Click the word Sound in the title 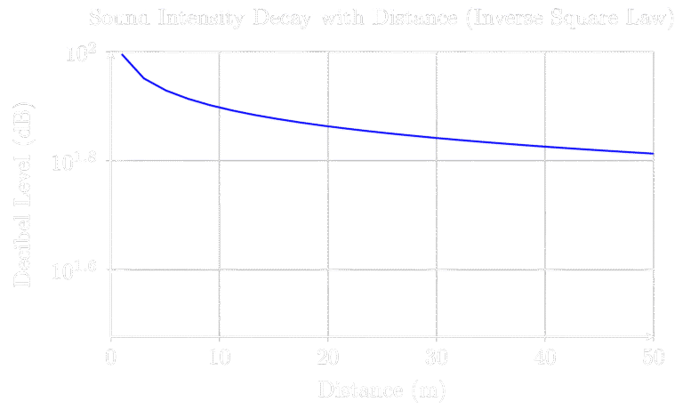pyautogui.click(x=118, y=17)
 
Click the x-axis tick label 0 pyautogui.click(x=110, y=358)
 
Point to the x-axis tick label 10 pyautogui.click(x=219, y=358)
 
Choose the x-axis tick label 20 pyautogui.click(x=328, y=358)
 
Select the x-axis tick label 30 pyautogui.click(x=437, y=358)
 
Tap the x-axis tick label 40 pyautogui.click(x=545, y=358)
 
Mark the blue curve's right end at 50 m pyautogui.click(x=654, y=154)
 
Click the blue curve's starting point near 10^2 pyautogui.click(x=122, y=55)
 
